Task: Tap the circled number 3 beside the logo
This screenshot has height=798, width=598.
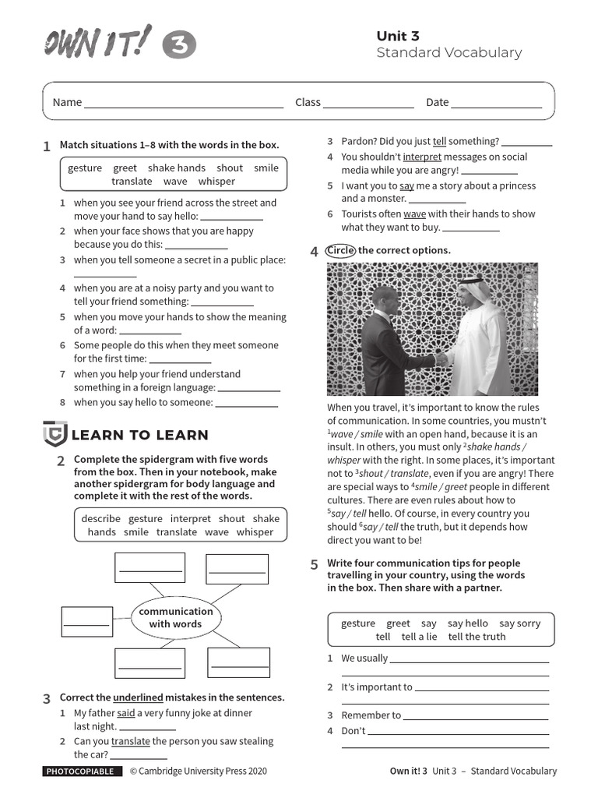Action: pos(178,47)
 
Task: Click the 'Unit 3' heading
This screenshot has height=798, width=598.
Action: pos(398,36)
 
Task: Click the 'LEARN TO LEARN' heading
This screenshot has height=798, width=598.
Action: pos(140,435)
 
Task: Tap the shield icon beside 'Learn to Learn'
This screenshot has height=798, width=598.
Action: pos(55,433)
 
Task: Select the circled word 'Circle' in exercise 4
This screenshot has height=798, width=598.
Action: pos(341,250)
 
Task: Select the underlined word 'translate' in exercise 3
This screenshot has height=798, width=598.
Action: pos(131,741)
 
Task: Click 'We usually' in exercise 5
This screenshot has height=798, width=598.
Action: pos(364,658)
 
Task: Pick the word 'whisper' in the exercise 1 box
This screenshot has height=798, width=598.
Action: pos(216,181)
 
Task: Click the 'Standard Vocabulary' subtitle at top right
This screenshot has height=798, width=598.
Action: pos(448,53)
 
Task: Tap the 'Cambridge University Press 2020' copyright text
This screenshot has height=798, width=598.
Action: pos(198,771)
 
